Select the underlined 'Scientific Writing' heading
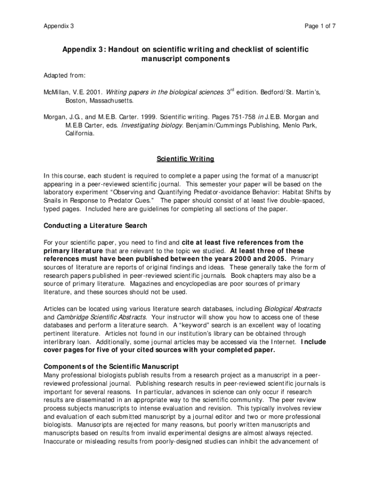[x=185, y=159]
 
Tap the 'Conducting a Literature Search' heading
[x=95, y=225]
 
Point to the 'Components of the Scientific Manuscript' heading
[x=111, y=366]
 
